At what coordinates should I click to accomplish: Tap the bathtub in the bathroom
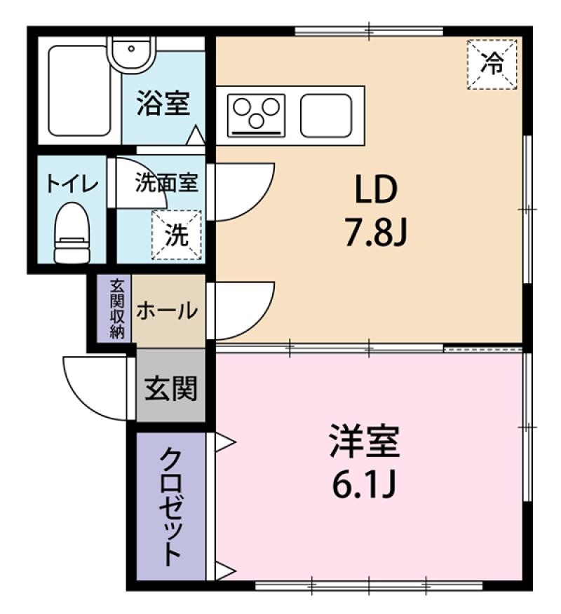(79, 91)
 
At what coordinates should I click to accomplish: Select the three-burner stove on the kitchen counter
(257, 115)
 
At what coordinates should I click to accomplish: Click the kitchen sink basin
(326, 116)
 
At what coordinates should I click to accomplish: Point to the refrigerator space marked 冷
(492, 64)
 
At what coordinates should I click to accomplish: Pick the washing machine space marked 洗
(177, 235)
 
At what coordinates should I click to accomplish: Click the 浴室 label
(163, 103)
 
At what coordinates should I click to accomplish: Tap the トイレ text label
(72, 183)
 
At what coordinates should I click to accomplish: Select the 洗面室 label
(167, 182)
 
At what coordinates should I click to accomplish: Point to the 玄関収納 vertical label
(116, 309)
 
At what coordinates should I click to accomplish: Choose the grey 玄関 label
(171, 388)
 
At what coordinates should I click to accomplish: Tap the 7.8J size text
(377, 233)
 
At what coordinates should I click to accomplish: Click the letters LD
(376, 189)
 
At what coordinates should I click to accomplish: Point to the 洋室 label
(365, 441)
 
